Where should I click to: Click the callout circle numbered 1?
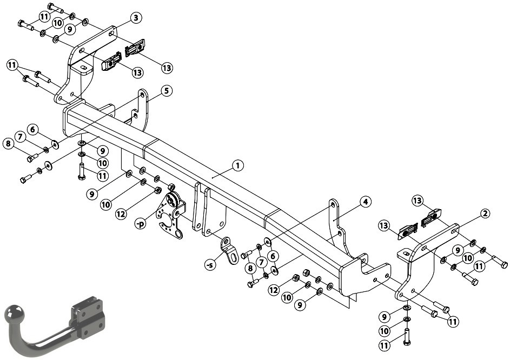tap(238, 165)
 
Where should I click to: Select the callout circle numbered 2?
tap(485, 214)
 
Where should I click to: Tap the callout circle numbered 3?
tap(136, 18)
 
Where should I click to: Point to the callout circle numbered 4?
tap(365, 202)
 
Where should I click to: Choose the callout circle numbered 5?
tap(166, 91)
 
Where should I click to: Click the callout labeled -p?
tap(140, 224)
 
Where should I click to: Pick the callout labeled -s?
tap(210, 265)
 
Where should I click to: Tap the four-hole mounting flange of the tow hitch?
tap(88, 317)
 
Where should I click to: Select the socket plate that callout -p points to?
tap(170, 215)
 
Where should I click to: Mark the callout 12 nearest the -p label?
tap(121, 214)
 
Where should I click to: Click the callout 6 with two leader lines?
tap(273, 257)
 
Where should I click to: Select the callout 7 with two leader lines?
tap(262, 262)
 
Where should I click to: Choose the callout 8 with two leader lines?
tap(250, 269)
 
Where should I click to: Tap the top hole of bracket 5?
tap(142, 95)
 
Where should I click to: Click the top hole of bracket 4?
tap(333, 205)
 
